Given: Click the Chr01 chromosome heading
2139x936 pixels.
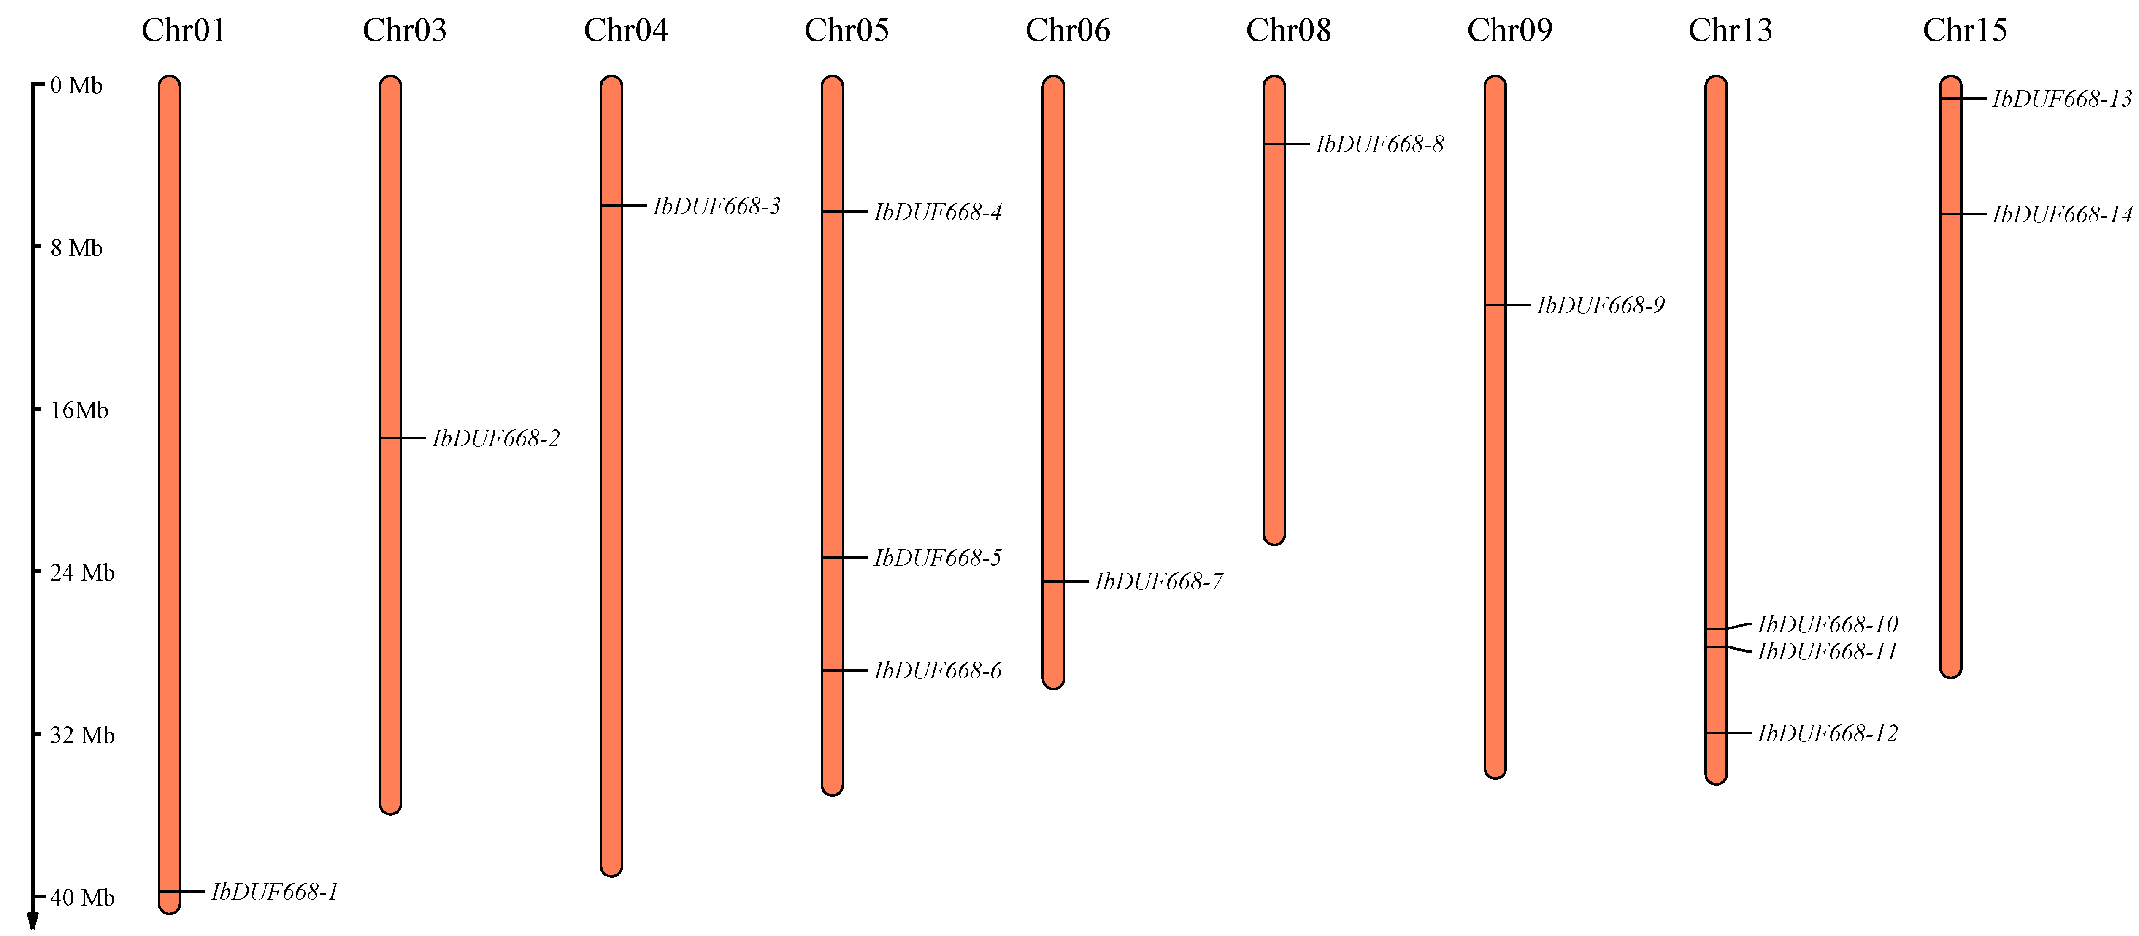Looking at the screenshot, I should pos(184,31).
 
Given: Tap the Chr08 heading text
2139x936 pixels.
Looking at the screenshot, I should pos(1288,31).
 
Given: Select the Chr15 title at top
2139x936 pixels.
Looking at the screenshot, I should pos(1965,31).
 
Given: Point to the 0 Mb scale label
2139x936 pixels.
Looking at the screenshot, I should pos(76,86).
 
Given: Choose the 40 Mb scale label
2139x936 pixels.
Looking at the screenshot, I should pos(82,898).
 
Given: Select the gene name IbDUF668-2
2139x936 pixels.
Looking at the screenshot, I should pos(496,439).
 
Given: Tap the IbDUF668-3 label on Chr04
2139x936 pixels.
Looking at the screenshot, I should pos(717,206).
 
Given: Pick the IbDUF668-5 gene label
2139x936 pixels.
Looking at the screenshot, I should pos(938,558).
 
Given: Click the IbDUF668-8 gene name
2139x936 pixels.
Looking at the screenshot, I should pos(1379,144).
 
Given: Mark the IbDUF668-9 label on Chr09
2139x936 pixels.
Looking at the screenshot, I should pos(1600,306).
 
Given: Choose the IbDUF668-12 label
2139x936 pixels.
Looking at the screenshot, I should pos(1828,733).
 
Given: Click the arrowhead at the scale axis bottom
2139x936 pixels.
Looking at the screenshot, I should pos(33,921).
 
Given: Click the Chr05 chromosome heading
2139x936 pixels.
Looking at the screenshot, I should pos(846,31).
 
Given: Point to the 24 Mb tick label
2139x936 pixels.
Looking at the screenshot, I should pos(82,573).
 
